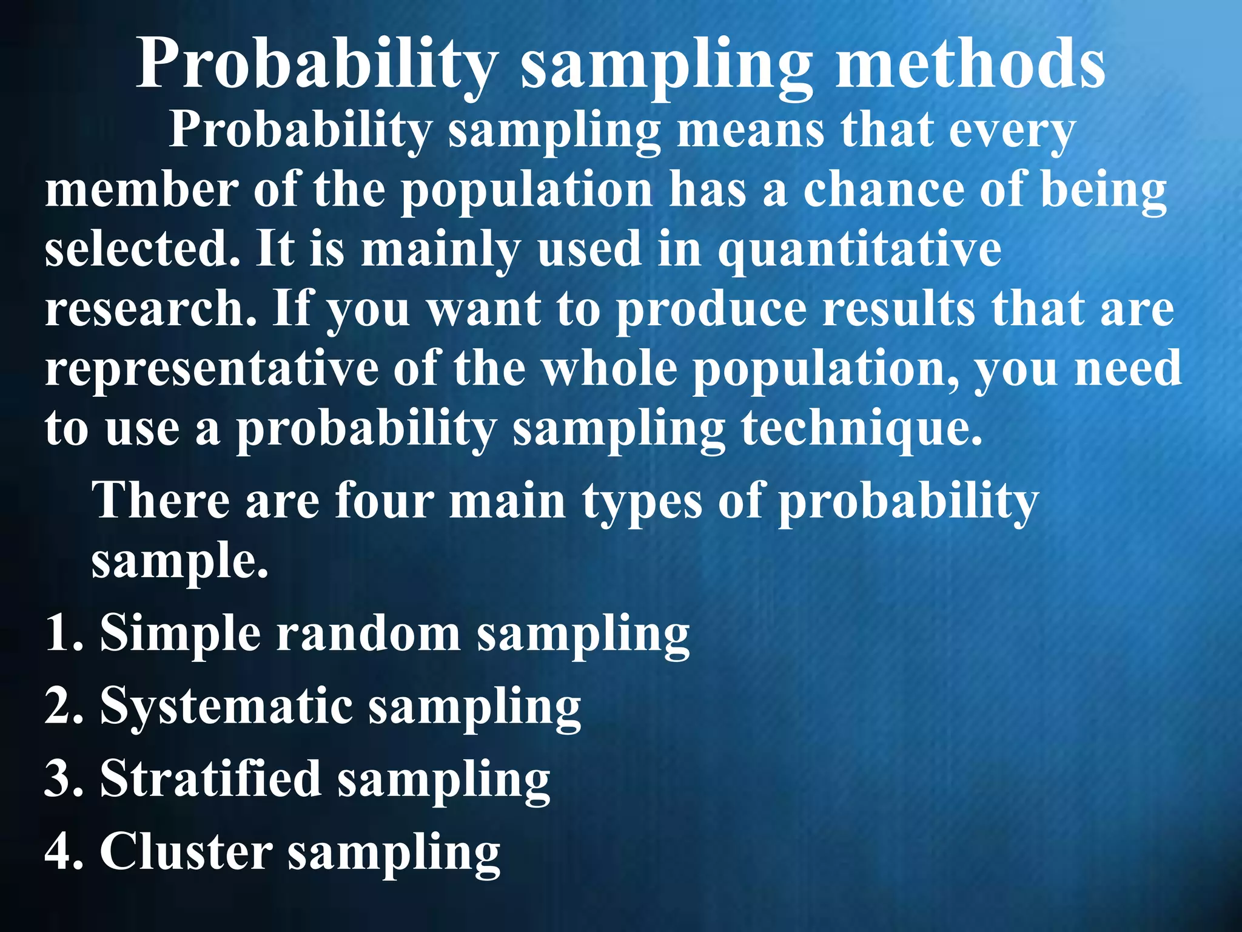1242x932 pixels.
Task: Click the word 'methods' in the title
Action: coord(970,64)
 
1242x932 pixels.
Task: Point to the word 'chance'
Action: coord(885,190)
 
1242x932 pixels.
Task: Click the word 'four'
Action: coord(384,501)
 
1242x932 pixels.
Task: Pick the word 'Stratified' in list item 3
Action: coord(210,779)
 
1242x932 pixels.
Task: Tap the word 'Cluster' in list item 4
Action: coord(186,851)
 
